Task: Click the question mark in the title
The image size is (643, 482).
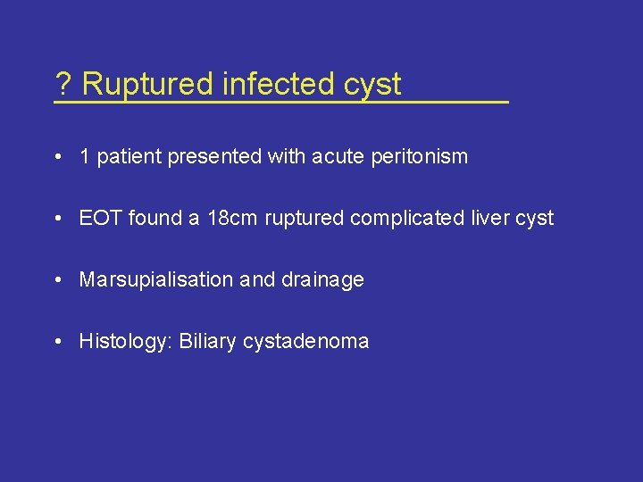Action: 63,85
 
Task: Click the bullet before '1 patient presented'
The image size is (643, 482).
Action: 57,157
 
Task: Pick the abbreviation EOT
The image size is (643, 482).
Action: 100,218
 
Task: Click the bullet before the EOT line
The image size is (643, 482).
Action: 57,219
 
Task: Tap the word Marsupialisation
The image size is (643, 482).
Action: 155,279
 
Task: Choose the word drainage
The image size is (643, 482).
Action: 322,280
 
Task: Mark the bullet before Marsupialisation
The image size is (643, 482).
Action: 57,280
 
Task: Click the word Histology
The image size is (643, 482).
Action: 125,341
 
